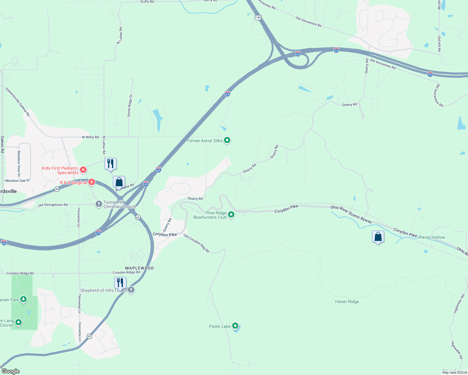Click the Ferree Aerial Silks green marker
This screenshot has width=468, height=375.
[227, 140]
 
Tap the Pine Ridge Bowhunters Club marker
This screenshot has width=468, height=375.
[231, 214]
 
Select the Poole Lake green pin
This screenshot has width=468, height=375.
[235, 326]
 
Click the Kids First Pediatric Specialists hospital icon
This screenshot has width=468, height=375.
[83, 170]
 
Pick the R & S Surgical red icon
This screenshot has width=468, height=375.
[92, 182]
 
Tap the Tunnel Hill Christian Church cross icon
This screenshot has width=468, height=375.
[99, 204]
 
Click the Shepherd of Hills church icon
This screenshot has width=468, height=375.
[131, 290]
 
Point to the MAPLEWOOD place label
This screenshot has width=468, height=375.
[140, 268]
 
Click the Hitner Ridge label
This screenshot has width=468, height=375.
[347, 302]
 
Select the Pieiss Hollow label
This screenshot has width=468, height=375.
[432, 237]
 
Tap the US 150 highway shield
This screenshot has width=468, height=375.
[258, 17]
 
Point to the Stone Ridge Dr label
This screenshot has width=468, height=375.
[130, 106]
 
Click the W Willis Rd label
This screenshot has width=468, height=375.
[90, 137]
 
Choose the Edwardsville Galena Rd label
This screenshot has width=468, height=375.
[18, 102]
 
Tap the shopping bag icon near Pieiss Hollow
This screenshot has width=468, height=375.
[378, 237]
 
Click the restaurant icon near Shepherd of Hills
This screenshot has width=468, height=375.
[120, 283]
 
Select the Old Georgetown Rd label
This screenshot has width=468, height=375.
[53, 205]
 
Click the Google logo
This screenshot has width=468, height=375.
[11, 371]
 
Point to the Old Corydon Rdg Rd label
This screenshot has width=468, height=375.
[196, 243]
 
